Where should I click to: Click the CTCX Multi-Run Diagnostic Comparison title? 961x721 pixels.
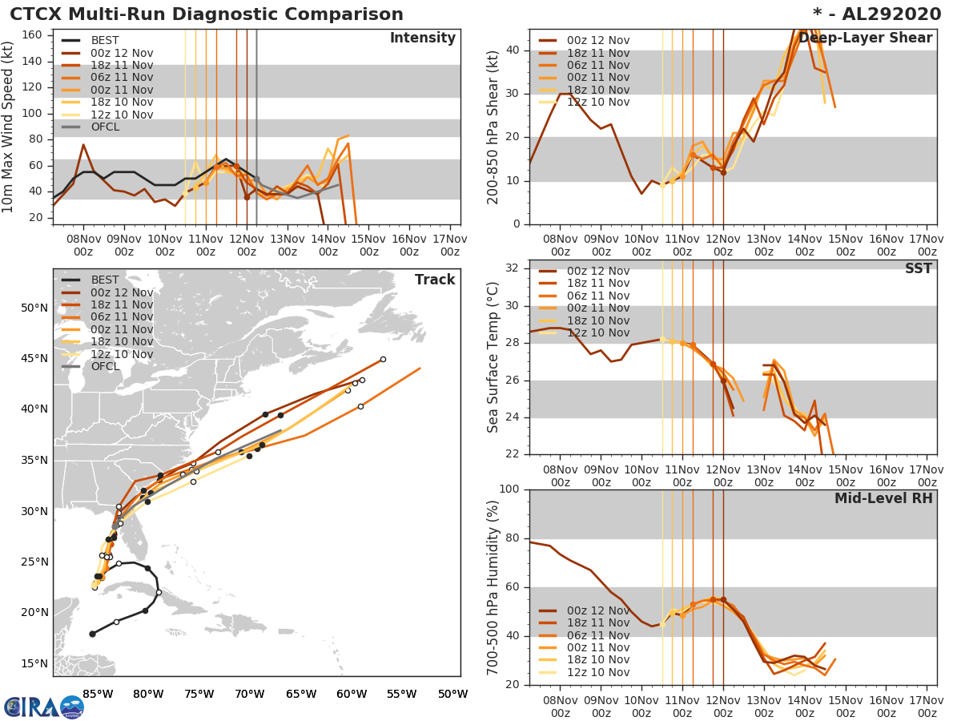point(207,14)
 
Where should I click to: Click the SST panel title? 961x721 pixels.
point(918,269)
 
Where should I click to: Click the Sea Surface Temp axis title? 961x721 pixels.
point(494,356)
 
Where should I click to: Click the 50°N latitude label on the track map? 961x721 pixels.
point(34,308)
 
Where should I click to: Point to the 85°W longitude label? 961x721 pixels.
point(97,694)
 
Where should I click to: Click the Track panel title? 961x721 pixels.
point(435,280)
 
